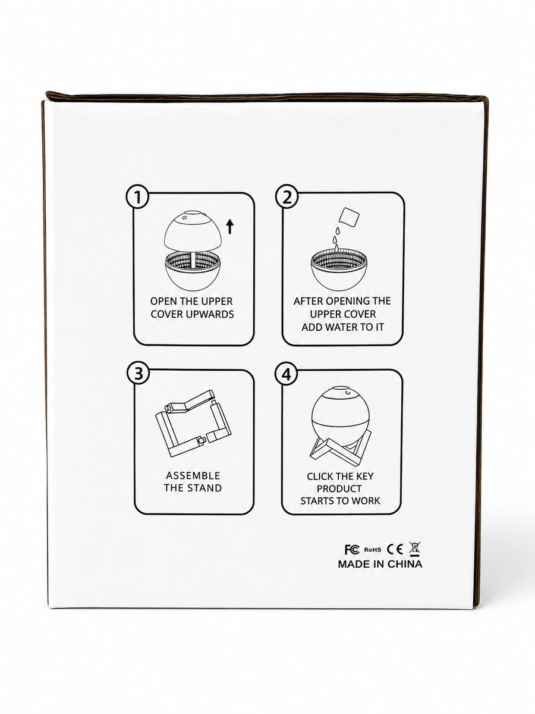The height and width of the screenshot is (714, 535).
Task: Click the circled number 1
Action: [x=138, y=198]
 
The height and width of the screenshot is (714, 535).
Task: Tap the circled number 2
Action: [x=287, y=198]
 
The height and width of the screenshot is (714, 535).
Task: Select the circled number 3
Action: [x=139, y=374]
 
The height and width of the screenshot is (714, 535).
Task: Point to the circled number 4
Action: [x=286, y=375]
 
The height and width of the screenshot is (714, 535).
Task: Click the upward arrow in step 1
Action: [x=230, y=227]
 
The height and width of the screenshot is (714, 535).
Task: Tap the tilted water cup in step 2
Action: [x=349, y=217]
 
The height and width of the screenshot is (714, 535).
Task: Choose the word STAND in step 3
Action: [x=205, y=488]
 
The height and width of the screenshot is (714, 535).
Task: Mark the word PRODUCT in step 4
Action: [x=339, y=489]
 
